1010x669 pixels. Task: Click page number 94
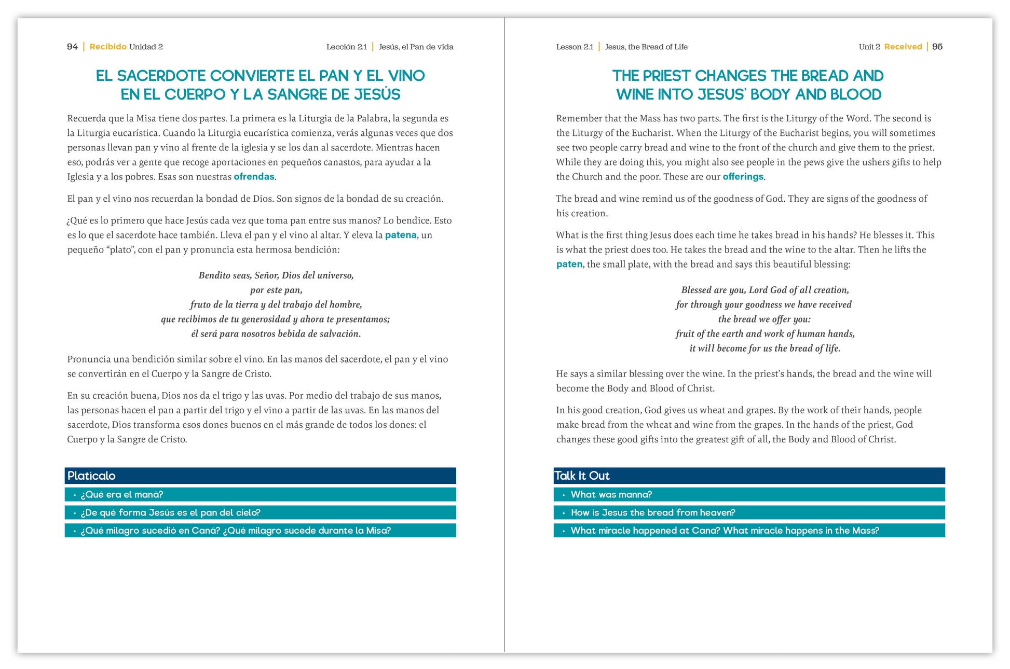(x=72, y=47)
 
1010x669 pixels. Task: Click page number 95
(x=937, y=47)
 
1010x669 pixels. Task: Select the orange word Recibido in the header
(x=108, y=47)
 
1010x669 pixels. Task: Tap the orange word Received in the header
(x=903, y=47)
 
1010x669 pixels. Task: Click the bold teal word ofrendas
(x=254, y=177)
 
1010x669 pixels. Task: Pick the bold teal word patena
(x=400, y=235)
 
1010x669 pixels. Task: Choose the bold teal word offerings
(x=743, y=177)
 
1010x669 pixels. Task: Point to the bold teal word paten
(x=569, y=264)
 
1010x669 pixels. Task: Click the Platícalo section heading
(x=91, y=476)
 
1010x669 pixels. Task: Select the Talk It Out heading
(x=582, y=476)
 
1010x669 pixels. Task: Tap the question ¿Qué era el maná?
(x=122, y=495)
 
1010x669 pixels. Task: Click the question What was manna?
(x=611, y=495)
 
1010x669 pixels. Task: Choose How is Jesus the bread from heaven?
(x=652, y=512)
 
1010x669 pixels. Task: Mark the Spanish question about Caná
(x=236, y=531)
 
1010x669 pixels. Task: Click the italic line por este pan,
(x=276, y=290)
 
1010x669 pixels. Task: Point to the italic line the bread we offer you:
(x=764, y=319)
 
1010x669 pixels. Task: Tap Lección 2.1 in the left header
(x=346, y=47)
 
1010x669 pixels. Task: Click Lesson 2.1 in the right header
(x=575, y=47)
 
